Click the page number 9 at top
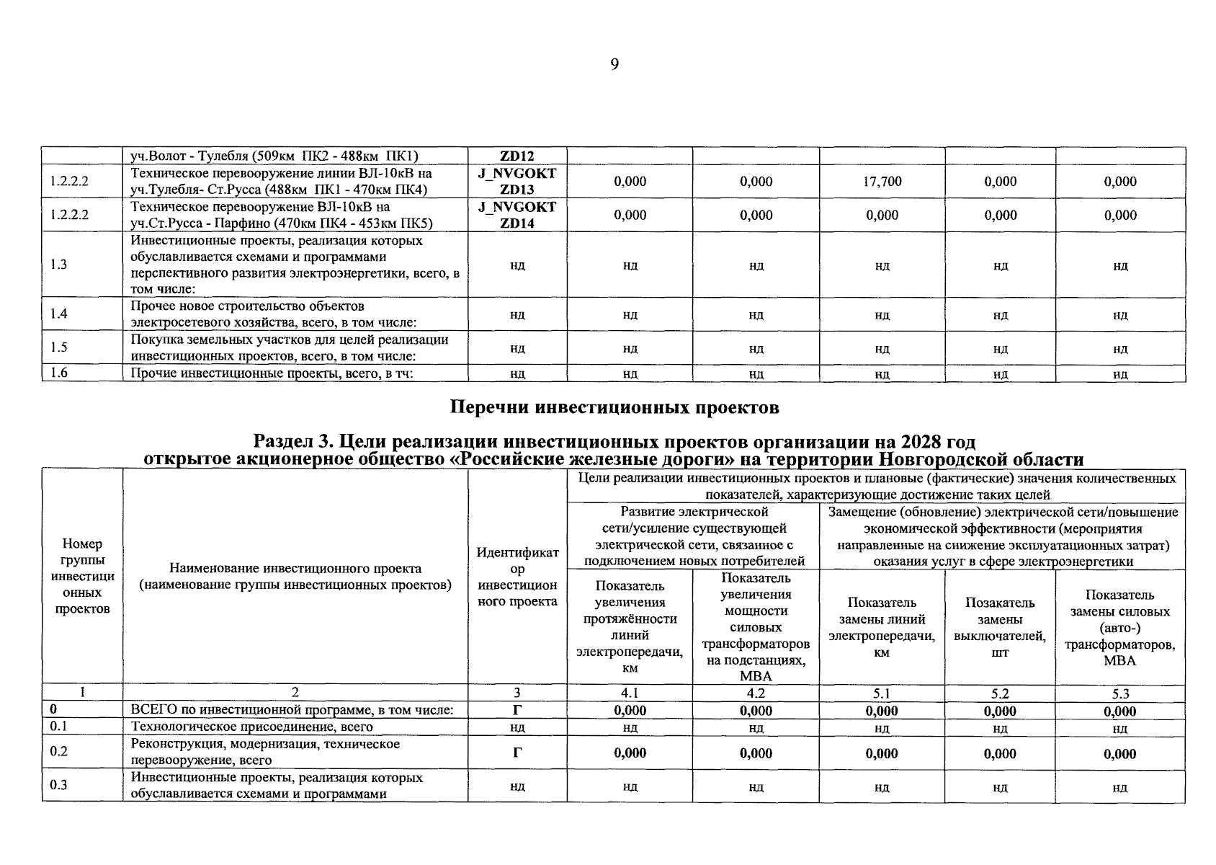(614, 65)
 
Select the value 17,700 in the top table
(882, 182)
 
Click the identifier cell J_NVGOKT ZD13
(517, 182)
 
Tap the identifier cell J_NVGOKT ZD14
(517, 215)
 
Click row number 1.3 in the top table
(58, 265)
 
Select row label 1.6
(58, 373)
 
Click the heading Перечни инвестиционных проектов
(614, 408)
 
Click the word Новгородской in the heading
(942, 460)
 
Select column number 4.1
(630, 693)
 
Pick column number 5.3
(1119, 693)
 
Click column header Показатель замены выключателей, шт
(1000, 627)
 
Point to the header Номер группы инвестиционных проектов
(82, 576)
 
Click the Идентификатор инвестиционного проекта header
(517, 577)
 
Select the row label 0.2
(58, 751)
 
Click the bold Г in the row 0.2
(517, 753)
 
